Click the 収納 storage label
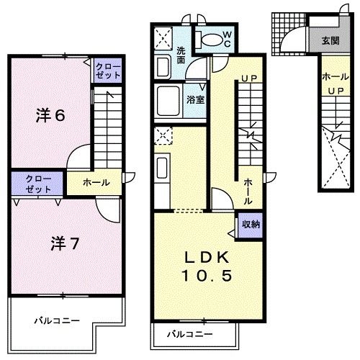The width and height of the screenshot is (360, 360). point(251,225)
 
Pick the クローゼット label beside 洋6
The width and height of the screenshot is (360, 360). point(109,71)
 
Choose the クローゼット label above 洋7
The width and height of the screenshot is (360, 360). point(37,184)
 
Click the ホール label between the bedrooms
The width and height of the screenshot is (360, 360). point(96,183)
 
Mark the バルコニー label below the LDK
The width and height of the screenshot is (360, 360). point(190,335)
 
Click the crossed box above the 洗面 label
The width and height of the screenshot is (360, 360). point(163,35)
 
